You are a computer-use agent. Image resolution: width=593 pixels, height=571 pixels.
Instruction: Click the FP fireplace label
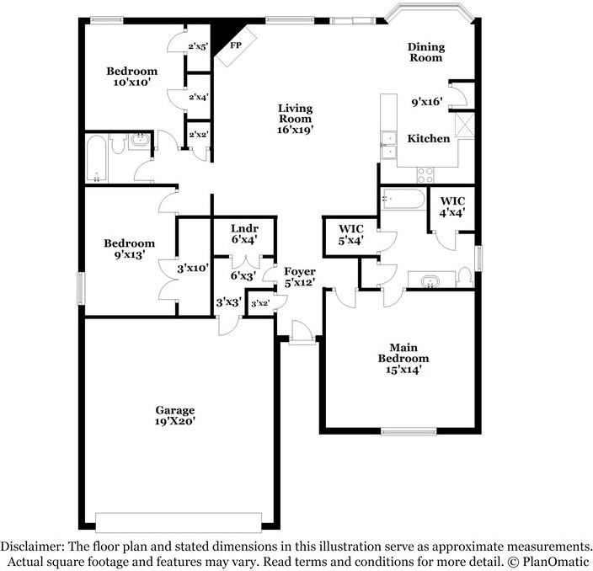[236, 45]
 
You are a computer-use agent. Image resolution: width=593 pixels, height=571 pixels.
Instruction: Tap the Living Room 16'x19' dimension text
[296, 130]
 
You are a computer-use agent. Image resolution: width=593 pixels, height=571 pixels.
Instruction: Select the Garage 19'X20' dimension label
[175, 421]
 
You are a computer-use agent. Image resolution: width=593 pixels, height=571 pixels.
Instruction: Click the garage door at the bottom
[179, 523]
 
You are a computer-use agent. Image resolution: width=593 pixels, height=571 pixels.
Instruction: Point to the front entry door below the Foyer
[302, 333]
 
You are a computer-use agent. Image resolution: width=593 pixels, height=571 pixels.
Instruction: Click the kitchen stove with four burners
[425, 175]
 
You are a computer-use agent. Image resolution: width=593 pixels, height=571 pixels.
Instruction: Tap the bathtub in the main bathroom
[403, 199]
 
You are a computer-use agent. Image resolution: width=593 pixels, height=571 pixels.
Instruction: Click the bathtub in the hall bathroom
[96, 158]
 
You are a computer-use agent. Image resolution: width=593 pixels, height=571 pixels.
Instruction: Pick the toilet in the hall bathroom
[119, 142]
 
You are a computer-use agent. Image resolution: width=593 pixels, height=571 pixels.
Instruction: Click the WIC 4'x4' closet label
[452, 207]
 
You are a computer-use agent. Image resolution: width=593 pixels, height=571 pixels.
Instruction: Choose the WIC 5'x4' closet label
[351, 234]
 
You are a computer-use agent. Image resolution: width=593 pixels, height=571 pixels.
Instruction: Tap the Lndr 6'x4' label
[244, 233]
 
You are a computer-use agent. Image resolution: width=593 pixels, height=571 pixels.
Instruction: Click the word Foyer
[300, 271]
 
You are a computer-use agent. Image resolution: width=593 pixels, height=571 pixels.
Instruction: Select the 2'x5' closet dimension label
[198, 46]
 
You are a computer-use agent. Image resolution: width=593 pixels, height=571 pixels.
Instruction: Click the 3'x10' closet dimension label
[193, 269]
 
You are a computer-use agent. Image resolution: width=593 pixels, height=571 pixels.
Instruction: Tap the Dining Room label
[426, 52]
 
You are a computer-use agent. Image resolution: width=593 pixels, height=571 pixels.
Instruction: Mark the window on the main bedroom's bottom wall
[409, 431]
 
